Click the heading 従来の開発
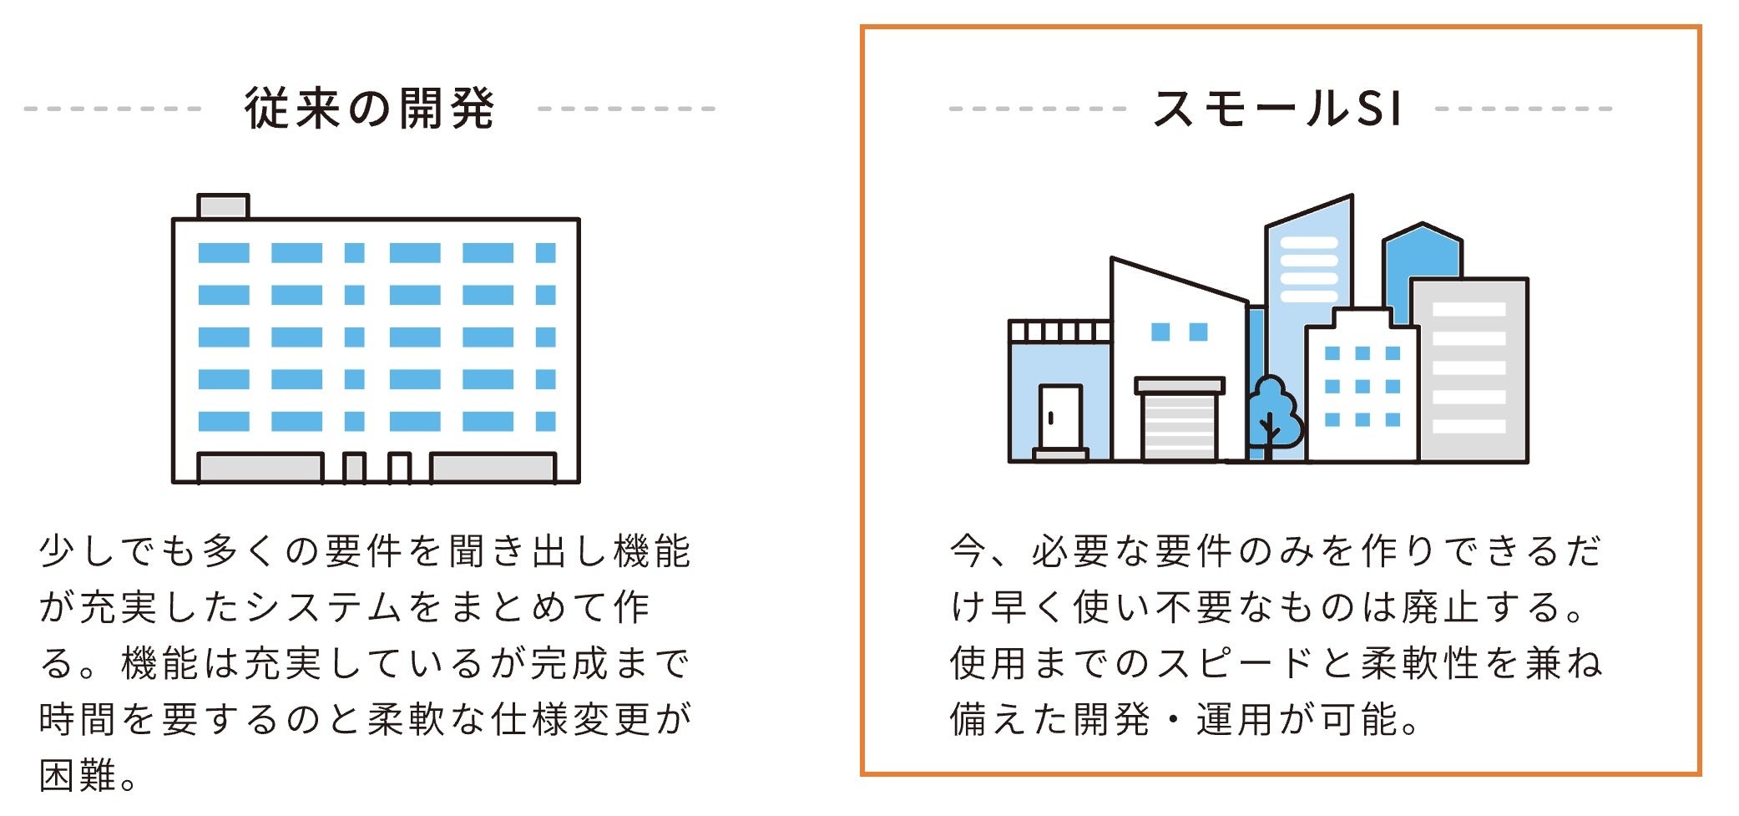click(x=369, y=109)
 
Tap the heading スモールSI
click(x=1278, y=109)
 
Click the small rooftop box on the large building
click(x=223, y=205)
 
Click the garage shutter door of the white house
click(x=1179, y=426)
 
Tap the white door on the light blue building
click(x=1060, y=417)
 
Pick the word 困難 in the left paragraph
click(x=78, y=776)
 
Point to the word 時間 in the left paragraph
click(x=78, y=719)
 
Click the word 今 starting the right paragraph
click(x=969, y=551)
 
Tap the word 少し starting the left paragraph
click(x=78, y=551)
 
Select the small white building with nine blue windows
click(x=1362, y=388)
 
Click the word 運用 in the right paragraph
click(x=1236, y=719)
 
